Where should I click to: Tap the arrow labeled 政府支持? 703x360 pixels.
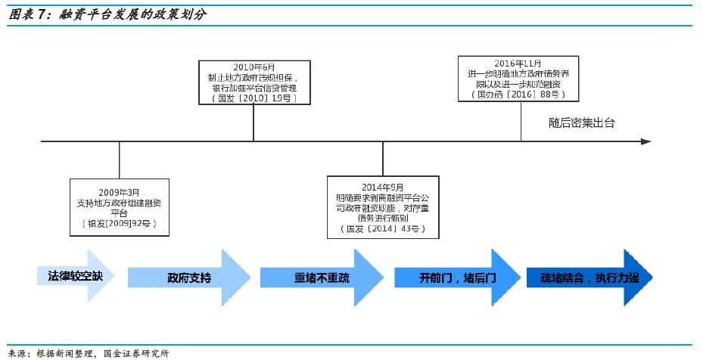point(189,278)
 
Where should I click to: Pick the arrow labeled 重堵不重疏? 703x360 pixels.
point(322,278)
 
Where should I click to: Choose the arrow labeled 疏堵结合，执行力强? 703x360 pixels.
point(590,278)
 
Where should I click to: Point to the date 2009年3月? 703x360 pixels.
point(119,193)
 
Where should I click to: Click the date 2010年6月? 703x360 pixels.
point(253,67)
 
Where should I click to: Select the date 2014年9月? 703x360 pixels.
point(383,187)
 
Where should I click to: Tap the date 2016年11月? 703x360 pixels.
point(520,63)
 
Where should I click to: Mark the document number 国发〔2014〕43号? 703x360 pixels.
point(383,228)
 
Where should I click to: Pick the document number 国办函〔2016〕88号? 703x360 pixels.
point(520,95)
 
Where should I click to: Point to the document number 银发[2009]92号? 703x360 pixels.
point(119,225)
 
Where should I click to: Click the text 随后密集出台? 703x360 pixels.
point(581,123)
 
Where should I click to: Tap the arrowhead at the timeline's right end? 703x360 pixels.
point(645,141)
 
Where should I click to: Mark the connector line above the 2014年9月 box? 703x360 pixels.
point(383,158)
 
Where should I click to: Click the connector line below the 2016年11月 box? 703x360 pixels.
point(521,121)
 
